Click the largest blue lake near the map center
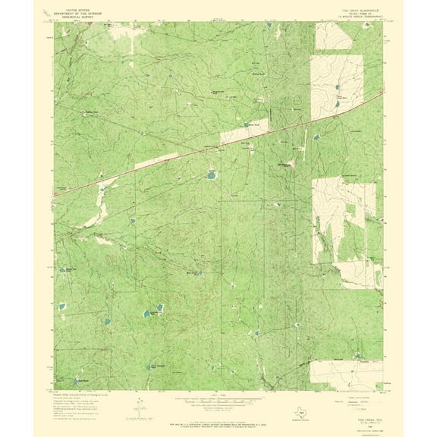click(x=209, y=176)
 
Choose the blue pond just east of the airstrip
click(x=209, y=176)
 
